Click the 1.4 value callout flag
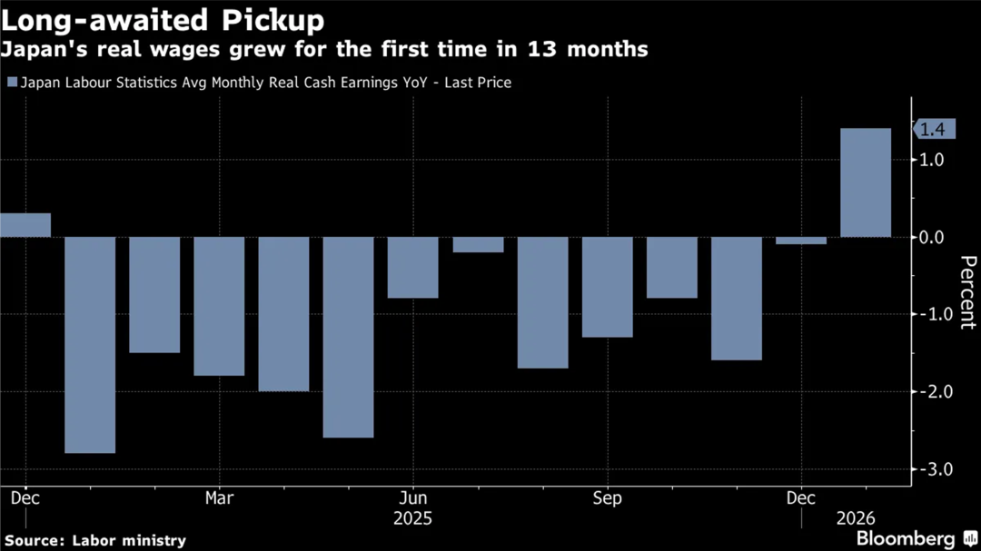[x=932, y=130]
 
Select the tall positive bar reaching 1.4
[x=866, y=182]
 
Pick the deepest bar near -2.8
[x=90, y=345]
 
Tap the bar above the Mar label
[x=219, y=306]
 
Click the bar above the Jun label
[x=412, y=267]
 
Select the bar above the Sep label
[x=607, y=287]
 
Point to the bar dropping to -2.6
[x=348, y=337]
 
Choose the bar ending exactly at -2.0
[x=283, y=314]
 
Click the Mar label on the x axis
[x=219, y=497]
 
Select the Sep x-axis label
[x=607, y=497]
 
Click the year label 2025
[x=412, y=518]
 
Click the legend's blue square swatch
[x=12, y=83]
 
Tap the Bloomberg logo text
[x=906, y=538]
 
